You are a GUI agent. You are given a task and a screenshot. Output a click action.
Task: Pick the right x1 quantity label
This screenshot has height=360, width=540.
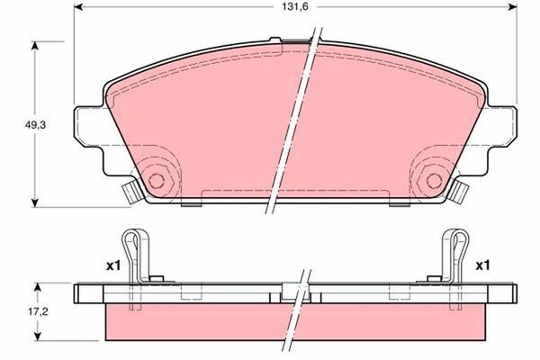tap(481, 265)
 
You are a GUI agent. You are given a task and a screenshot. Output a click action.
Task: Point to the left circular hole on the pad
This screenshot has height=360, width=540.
tap(160, 176)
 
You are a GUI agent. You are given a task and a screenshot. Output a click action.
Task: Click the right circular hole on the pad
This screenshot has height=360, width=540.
tap(431, 176)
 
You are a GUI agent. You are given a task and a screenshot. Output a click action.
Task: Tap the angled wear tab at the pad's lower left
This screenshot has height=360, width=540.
tap(130, 190)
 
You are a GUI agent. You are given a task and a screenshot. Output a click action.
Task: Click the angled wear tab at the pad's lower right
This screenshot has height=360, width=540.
tap(462, 190)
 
